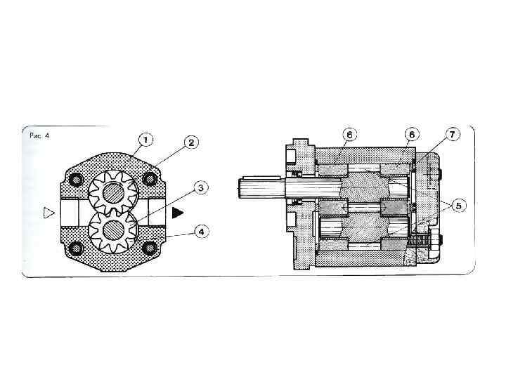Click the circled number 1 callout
click(x=145, y=140)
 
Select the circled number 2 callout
click(x=191, y=142)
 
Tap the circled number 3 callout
click(x=201, y=187)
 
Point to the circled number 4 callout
click(x=202, y=232)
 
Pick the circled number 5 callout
click(x=459, y=205)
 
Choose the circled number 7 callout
click(x=452, y=134)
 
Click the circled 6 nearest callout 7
click(x=412, y=134)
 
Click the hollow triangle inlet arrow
click(x=48, y=213)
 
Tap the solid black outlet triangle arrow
click(x=178, y=213)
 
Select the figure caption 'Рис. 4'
click(x=39, y=135)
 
